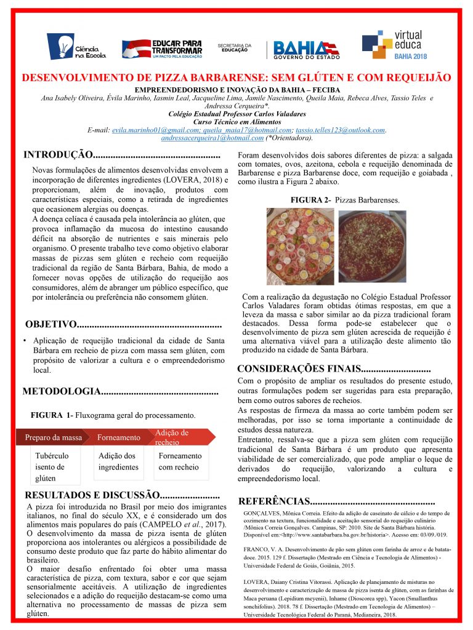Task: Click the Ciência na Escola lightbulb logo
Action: (x=76, y=46)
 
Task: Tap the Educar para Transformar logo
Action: (x=162, y=47)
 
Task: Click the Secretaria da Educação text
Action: (x=234, y=47)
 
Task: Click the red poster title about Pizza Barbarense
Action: (x=236, y=78)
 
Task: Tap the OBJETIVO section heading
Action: (x=51, y=324)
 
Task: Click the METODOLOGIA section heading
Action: (x=62, y=391)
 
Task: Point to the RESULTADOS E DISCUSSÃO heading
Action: (x=91, y=495)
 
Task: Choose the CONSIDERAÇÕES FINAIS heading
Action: (x=298, y=369)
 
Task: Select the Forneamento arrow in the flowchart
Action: (x=119, y=437)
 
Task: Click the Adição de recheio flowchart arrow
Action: (x=179, y=437)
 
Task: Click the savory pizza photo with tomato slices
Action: (x=299, y=245)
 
